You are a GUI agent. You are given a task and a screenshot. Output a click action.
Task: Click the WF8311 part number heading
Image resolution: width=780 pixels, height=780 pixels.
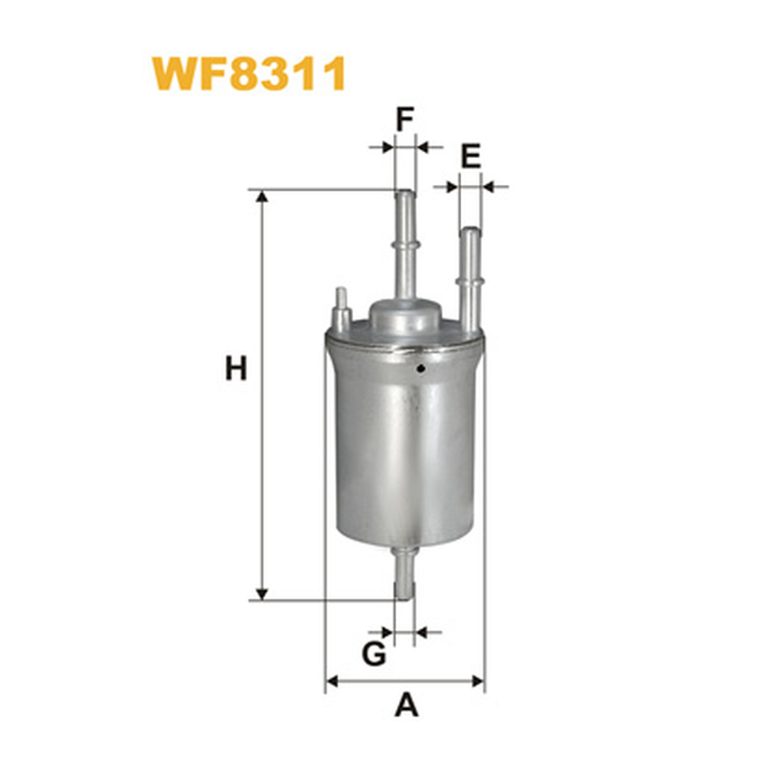point(249,74)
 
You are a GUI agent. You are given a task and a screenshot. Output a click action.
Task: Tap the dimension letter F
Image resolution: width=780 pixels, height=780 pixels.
point(405,119)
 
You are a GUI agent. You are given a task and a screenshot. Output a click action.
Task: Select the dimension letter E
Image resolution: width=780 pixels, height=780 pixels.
point(471,156)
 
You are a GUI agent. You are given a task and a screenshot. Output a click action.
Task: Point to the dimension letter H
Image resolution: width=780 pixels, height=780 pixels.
point(236,369)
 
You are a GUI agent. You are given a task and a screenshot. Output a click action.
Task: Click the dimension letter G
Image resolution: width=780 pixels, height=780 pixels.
point(374,653)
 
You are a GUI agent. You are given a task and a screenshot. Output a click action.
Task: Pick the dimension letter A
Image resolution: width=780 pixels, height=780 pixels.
point(407,705)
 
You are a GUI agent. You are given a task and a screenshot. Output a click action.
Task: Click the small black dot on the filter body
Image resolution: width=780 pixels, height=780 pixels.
point(421,369)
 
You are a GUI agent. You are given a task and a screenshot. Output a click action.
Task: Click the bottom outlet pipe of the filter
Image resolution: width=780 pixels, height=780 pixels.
point(404,572)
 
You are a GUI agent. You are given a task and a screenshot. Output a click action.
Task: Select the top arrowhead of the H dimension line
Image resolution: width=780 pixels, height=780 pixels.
point(262,197)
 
